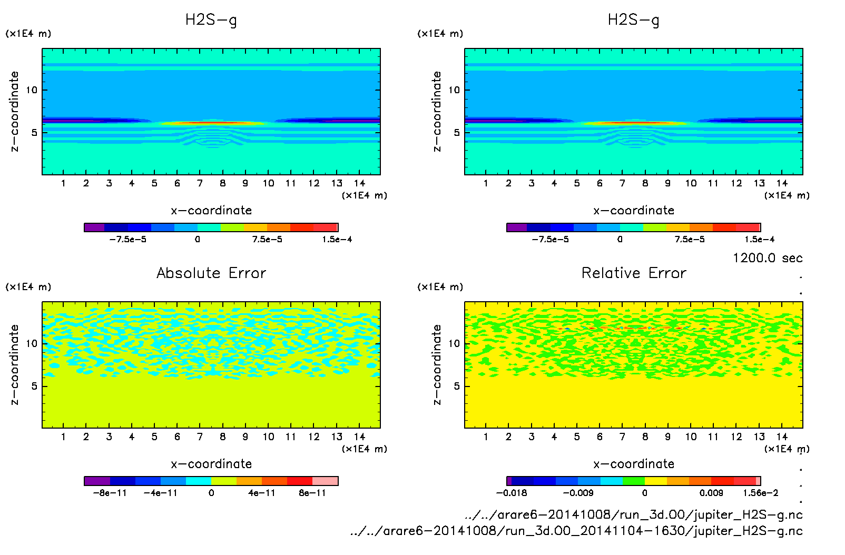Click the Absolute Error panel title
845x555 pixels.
click(x=211, y=273)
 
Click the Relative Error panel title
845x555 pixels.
click(x=634, y=273)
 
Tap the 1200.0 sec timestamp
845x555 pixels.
click(x=768, y=258)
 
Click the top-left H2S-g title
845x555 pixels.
click(x=211, y=20)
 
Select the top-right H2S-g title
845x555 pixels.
click(x=633, y=20)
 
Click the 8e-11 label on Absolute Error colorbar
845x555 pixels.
click(x=312, y=493)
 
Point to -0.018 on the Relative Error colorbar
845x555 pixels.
click(x=512, y=493)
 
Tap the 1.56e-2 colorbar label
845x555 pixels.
click(x=760, y=493)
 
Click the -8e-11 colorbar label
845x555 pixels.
click(x=110, y=493)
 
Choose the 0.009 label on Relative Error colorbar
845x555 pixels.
click(x=711, y=493)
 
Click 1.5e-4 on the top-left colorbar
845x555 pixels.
click(x=337, y=240)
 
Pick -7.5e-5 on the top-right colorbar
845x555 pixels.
click(x=550, y=240)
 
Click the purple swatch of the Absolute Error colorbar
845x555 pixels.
click(x=97, y=481)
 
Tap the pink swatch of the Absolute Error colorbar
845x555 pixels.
click(x=325, y=481)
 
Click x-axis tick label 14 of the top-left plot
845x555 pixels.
click(x=359, y=183)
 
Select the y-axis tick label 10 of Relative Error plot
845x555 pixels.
click(x=454, y=344)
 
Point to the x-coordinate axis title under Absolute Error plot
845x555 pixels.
click(x=211, y=464)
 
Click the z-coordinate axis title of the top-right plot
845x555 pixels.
click(x=437, y=112)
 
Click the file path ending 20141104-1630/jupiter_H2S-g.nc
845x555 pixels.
click(x=576, y=531)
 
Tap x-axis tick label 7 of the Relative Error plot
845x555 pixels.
click(x=622, y=437)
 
